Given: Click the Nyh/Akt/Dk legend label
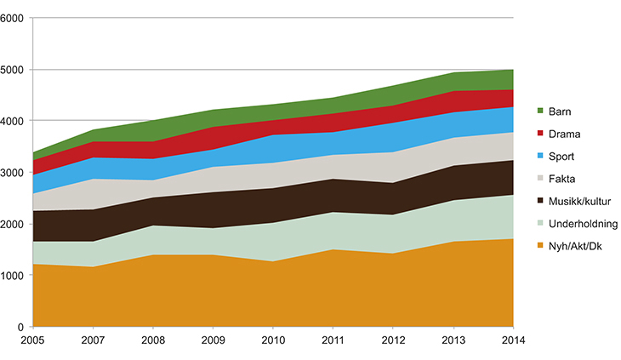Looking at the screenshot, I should (572, 247).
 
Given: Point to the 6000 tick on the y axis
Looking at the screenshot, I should (13, 18).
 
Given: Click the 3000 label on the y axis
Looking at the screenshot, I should (13, 173).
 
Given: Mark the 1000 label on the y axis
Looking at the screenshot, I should (13, 276).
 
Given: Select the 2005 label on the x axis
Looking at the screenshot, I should (32, 342).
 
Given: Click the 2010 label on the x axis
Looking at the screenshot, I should (273, 342).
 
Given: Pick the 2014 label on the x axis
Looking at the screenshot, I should (513, 342).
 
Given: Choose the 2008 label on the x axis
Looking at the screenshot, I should (152, 342).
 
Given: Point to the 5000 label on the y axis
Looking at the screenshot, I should (13, 70).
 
